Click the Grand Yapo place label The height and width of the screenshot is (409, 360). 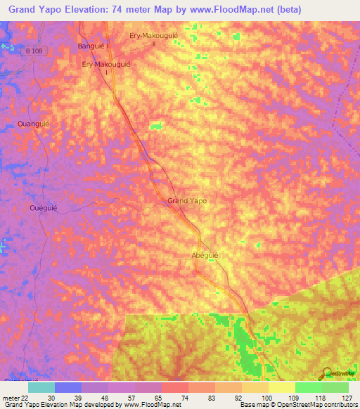186,201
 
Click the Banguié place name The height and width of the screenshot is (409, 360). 92,47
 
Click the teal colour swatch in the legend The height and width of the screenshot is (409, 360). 41,387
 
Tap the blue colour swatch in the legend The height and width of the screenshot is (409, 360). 67,387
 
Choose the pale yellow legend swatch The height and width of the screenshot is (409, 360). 281,387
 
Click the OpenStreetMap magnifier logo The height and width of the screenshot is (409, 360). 327,372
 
